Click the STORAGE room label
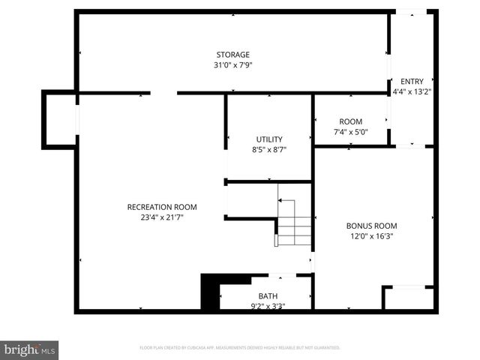click(232, 55)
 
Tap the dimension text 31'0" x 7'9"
click(232, 65)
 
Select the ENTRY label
click(412, 82)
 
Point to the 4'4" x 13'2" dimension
click(412, 92)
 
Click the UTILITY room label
click(269, 139)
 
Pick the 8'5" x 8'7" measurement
click(269, 150)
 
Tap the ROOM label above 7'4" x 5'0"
click(350, 121)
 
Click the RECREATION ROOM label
click(162, 207)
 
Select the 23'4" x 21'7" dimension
click(162, 217)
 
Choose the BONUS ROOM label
click(371, 226)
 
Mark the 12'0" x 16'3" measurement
click(371, 236)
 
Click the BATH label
click(268, 295)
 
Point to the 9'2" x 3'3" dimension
click(268, 305)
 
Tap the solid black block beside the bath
click(209, 292)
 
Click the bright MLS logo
click(30, 349)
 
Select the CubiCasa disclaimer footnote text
click(240, 348)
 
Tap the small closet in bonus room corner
click(409, 298)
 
